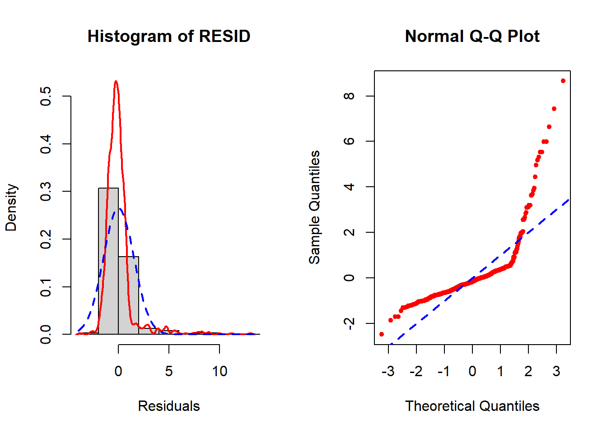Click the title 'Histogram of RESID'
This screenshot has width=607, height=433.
(168, 37)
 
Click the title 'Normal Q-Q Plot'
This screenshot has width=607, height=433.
(472, 37)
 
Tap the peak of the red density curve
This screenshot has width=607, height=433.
(116, 82)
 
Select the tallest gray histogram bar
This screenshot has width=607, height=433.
(108, 262)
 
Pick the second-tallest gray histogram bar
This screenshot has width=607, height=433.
(129, 295)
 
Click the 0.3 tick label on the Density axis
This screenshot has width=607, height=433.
(46, 191)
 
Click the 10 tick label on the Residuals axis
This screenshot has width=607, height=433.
(219, 371)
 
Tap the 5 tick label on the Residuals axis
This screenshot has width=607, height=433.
(169, 371)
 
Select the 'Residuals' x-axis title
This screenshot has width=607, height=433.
(168, 406)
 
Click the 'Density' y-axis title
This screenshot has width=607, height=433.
(11, 207)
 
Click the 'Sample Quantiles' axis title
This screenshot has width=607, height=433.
(314, 207)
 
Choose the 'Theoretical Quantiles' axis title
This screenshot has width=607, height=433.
(472, 406)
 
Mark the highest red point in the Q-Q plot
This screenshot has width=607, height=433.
(563, 81)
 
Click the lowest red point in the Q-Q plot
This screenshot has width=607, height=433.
(382, 334)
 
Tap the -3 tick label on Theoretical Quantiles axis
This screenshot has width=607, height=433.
(388, 371)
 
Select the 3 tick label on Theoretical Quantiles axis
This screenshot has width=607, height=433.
(556, 371)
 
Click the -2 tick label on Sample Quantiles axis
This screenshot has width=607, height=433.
(349, 323)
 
